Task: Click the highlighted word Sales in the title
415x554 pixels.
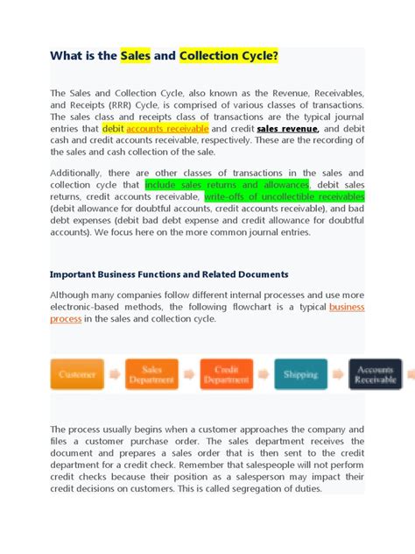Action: pyautogui.click(x=135, y=57)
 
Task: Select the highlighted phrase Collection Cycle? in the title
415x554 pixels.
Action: pyautogui.click(x=229, y=57)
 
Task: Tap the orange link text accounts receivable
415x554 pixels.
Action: pyautogui.click(x=167, y=128)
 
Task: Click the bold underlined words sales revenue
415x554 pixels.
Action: pyautogui.click(x=287, y=128)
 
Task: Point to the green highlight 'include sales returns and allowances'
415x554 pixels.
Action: pyautogui.click(x=227, y=185)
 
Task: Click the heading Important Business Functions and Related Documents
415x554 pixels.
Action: pyautogui.click(x=169, y=274)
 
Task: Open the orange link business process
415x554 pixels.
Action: pyautogui.click(x=346, y=307)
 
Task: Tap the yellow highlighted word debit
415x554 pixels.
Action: pyautogui.click(x=114, y=128)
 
